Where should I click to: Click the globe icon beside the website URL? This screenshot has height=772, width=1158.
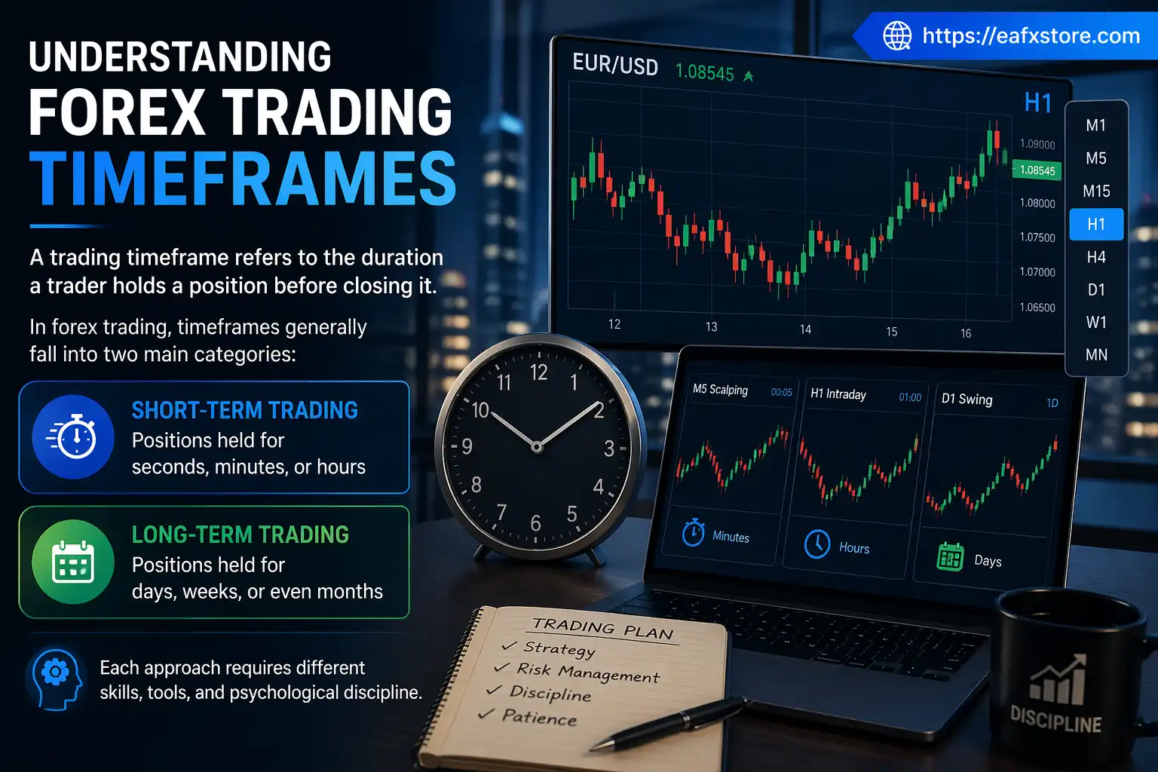click(x=897, y=35)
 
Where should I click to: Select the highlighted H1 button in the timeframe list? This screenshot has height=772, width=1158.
click(x=1096, y=224)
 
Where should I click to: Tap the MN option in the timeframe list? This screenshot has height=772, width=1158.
click(x=1096, y=354)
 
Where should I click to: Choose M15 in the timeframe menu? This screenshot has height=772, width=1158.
click(x=1096, y=191)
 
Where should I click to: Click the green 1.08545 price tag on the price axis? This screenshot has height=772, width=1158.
click(x=1037, y=170)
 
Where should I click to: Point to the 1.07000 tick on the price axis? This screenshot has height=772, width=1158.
click(x=1037, y=272)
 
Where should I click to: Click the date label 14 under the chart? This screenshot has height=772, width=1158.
click(x=805, y=329)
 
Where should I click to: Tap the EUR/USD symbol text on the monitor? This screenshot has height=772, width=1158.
click(x=615, y=65)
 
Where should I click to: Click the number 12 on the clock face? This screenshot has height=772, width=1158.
click(x=538, y=372)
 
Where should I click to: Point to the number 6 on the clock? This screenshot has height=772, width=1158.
click(x=535, y=523)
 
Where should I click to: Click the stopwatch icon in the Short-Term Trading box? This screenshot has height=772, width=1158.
click(x=73, y=437)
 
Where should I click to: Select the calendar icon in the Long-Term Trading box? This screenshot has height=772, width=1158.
click(x=73, y=562)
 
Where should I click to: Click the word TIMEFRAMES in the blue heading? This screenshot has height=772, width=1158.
click(x=243, y=179)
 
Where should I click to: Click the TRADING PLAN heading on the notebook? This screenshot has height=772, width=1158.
click(x=602, y=629)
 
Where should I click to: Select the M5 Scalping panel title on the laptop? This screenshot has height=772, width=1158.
click(x=720, y=390)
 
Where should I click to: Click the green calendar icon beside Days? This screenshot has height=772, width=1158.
click(x=950, y=557)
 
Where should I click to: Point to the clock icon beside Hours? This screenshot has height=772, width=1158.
click(x=817, y=544)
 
